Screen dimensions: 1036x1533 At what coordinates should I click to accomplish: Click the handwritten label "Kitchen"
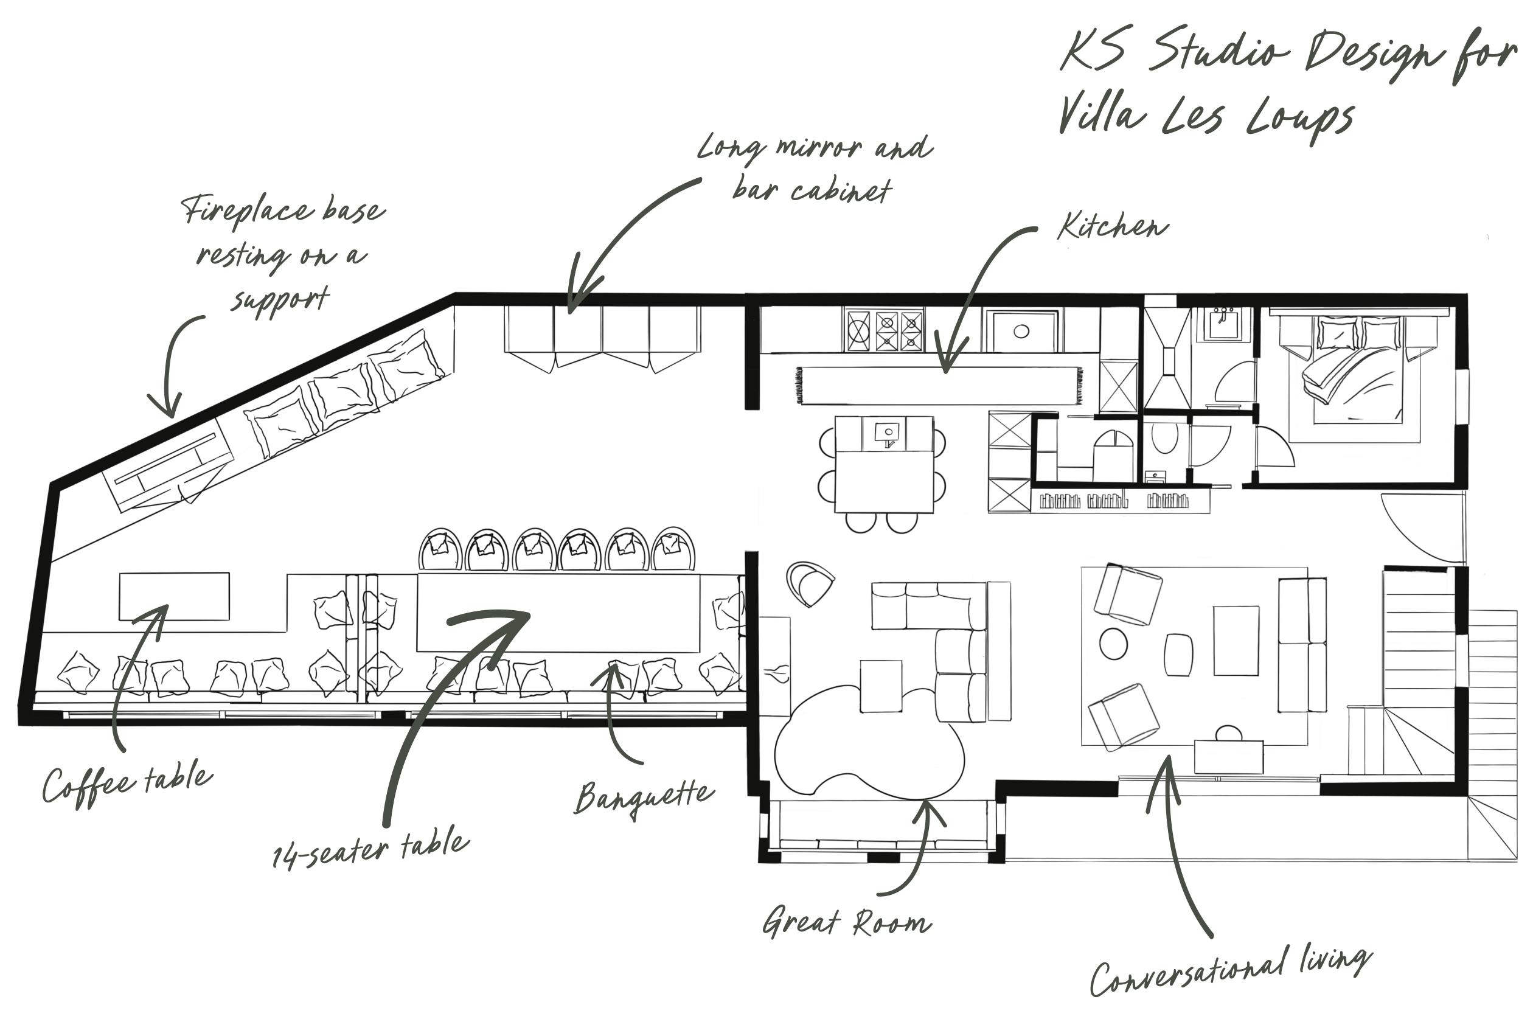1112,228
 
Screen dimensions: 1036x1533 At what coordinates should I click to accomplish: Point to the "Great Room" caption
847,923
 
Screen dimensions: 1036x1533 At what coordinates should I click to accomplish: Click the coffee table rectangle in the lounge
174,596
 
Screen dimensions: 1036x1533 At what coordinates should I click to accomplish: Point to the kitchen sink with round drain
1021,331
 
